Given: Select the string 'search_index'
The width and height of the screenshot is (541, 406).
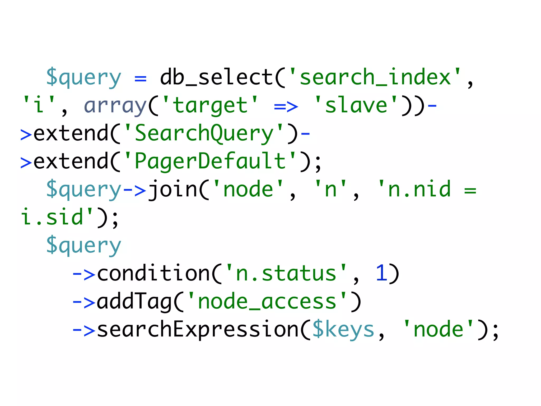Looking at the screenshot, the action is pyautogui.click(x=375, y=77).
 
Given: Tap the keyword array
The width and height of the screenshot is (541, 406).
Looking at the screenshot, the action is pyautogui.click(x=115, y=105).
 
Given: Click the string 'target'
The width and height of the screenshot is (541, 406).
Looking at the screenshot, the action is pyautogui.click(x=210, y=105).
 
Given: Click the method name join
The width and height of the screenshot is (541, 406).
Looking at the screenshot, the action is pyautogui.click(x=172, y=190).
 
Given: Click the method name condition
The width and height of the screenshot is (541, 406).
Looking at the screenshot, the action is pyautogui.click(x=153, y=274).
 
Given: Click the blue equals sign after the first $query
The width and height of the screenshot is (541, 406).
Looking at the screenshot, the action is pyautogui.click(x=140, y=78).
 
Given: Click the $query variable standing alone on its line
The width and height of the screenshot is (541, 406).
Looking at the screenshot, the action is pyautogui.click(x=83, y=246).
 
